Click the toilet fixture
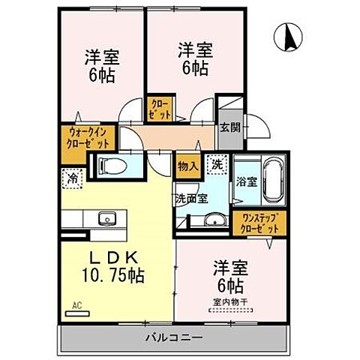coord(106,165)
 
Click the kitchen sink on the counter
coord(104,219)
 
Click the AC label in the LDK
coord(76,304)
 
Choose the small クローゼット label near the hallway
coord(160,110)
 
